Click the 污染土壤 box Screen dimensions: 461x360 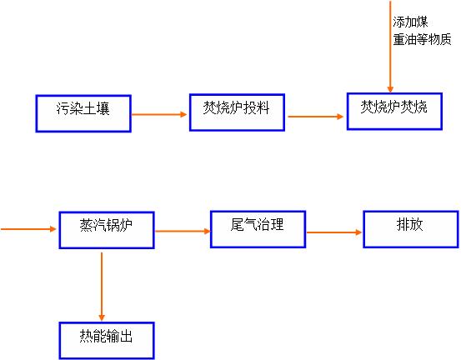click(83, 113)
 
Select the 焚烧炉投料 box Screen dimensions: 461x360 click(237, 112)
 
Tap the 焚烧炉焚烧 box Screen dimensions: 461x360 click(394, 112)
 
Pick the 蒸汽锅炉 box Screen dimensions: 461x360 click(107, 230)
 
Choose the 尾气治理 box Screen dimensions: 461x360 click(258, 229)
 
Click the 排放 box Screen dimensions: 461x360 click(411, 229)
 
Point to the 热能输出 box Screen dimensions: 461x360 click(107, 341)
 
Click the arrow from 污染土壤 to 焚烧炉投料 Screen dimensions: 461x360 click(159, 114)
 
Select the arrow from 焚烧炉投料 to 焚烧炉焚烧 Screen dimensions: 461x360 click(316, 117)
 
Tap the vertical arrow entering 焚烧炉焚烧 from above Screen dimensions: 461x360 click(390, 47)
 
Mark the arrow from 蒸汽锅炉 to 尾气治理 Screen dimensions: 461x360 click(183, 232)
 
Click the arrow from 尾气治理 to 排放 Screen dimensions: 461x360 click(334, 232)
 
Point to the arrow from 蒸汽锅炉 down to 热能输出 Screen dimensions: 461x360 click(102, 287)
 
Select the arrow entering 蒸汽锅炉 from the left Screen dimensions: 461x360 click(28, 229)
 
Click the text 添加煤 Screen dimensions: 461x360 click(410, 22)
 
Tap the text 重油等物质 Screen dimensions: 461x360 click(422, 39)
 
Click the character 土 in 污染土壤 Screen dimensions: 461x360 click(90, 108)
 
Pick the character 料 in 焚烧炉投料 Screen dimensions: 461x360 click(263, 107)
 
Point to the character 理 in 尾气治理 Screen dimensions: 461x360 click(278, 224)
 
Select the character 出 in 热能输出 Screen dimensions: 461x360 click(126, 336)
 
